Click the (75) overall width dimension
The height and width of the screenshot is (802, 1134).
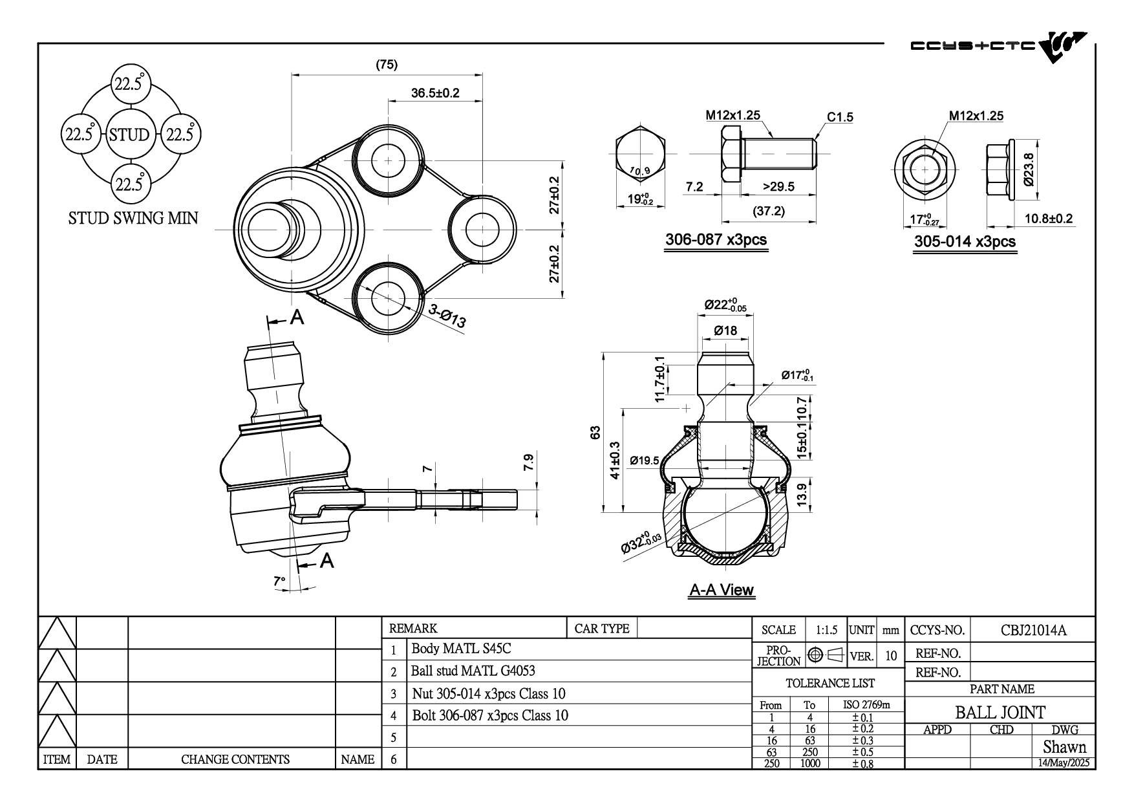tap(387, 65)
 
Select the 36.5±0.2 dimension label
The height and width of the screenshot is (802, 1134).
tap(435, 92)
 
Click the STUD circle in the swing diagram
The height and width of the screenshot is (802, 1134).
tap(129, 135)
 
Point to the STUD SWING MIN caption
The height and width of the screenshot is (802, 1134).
tap(133, 219)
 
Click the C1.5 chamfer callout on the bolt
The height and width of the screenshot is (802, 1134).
tap(840, 117)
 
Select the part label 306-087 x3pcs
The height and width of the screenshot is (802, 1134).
tap(716, 240)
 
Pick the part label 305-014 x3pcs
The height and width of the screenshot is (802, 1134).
tap(965, 242)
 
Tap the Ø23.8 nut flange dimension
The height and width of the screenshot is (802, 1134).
tap(1029, 169)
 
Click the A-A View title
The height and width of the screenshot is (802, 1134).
tap(722, 590)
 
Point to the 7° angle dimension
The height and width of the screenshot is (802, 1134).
tap(279, 581)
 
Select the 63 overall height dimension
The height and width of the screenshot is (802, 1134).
tap(595, 432)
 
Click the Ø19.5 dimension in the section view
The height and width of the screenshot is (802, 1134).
tap(645, 461)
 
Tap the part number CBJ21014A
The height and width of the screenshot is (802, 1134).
tap(1033, 630)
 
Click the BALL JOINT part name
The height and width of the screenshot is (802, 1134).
tap(1000, 713)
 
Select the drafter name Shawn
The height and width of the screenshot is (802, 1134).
tap(1064, 747)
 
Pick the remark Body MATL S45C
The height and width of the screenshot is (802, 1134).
tap(461, 649)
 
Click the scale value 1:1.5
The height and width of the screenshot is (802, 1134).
tap(826, 630)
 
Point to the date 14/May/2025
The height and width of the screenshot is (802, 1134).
tap(1064, 763)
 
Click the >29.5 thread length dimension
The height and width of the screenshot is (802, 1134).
tap(778, 187)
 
